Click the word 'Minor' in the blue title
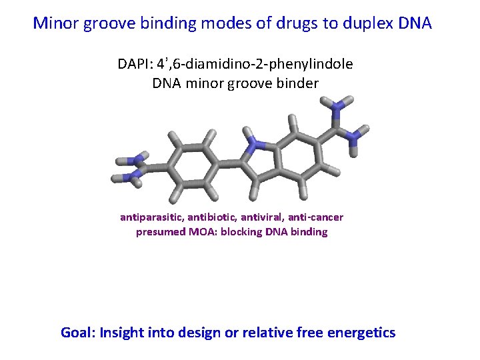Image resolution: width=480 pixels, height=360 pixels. (55, 23)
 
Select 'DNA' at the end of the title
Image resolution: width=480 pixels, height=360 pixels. (415, 23)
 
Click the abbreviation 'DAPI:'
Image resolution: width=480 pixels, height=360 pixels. (135, 64)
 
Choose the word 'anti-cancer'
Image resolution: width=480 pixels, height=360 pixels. (315, 217)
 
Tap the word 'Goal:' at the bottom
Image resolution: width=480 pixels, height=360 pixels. (79, 333)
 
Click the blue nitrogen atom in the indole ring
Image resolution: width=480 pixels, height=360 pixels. (254, 144)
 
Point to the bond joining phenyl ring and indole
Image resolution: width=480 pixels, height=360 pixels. (229, 164)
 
